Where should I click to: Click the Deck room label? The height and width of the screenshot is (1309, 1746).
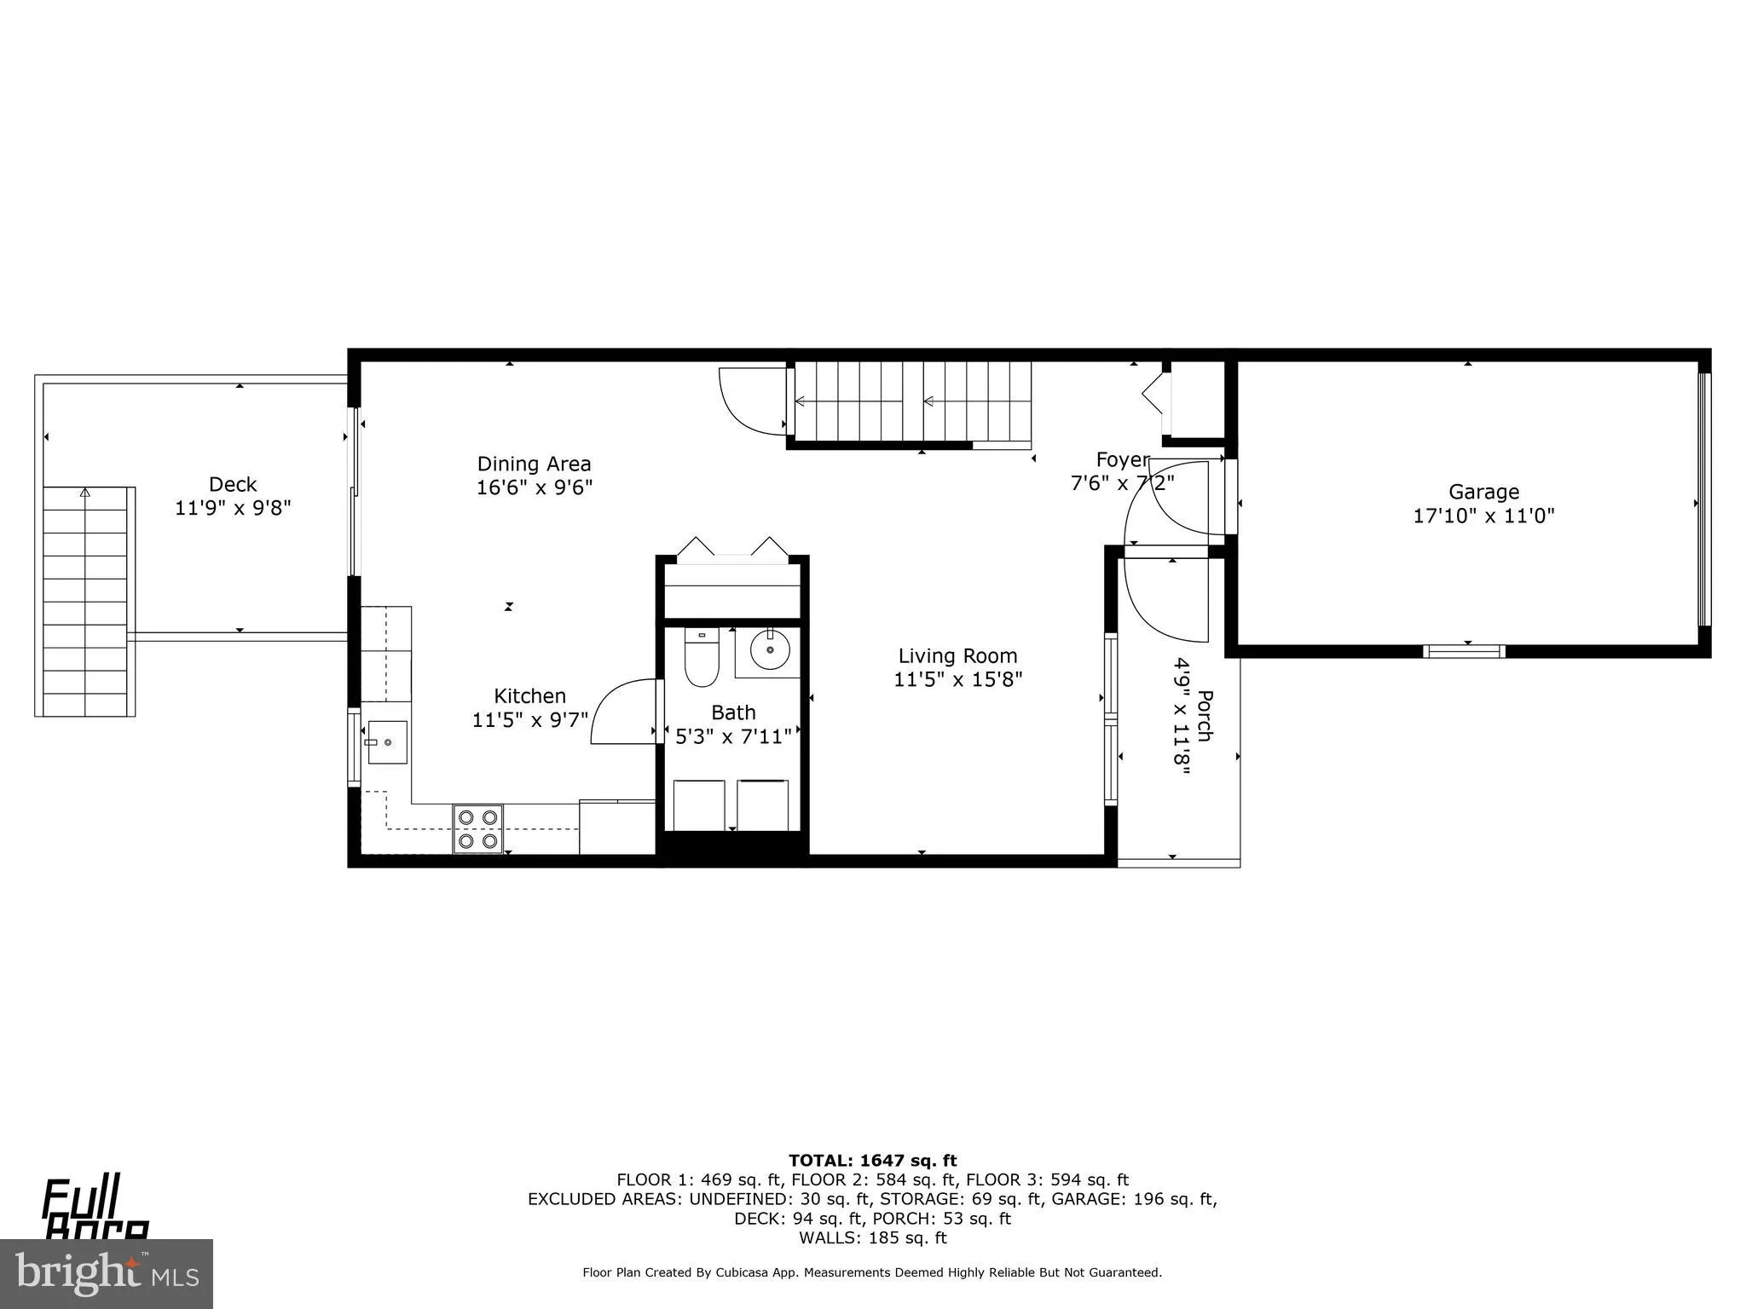click(x=233, y=485)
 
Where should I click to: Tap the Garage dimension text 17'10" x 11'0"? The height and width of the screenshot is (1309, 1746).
click(x=1483, y=516)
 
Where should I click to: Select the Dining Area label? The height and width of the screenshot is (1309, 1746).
click(x=534, y=464)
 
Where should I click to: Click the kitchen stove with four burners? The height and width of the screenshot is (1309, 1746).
click(x=477, y=829)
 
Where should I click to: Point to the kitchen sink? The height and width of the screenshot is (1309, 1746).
click(x=386, y=742)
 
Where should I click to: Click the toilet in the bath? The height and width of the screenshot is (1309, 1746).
click(x=702, y=657)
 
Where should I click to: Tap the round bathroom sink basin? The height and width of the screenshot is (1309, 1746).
click(x=770, y=652)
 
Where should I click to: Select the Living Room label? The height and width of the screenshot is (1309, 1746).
click(x=957, y=656)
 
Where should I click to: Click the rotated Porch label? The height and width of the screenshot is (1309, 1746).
click(x=1204, y=715)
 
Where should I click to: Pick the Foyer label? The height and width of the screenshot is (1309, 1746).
click(x=1121, y=460)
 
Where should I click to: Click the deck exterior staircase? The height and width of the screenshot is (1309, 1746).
click(x=85, y=601)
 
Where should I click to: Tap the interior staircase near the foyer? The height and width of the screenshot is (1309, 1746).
click(x=912, y=401)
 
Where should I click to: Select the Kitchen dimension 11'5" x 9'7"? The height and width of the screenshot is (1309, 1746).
click(x=530, y=720)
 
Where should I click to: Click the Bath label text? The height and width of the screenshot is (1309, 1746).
click(x=733, y=712)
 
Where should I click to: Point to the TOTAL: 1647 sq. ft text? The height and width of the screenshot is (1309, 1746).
click(x=872, y=1161)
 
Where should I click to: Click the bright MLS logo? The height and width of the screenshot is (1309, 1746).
click(x=107, y=1273)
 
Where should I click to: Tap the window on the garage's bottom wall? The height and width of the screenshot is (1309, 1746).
click(x=1464, y=652)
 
